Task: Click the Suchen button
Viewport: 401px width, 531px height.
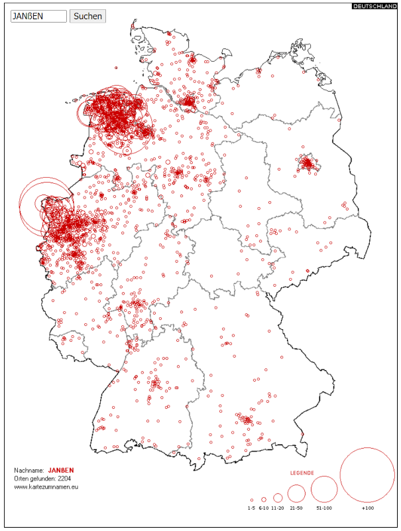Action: coord(87,16)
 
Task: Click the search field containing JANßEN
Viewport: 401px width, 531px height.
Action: coord(38,16)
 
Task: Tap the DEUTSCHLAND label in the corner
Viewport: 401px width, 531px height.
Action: coord(375,6)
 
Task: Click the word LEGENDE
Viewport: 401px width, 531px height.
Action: coord(302,473)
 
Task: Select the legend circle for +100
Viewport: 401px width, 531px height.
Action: coord(367,475)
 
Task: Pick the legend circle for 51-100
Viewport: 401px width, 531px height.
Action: coord(324,489)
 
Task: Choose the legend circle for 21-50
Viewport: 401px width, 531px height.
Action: coord(296,493)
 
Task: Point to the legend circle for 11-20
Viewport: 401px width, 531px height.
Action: coord(278,497)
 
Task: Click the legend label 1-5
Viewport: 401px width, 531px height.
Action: coord(251,508)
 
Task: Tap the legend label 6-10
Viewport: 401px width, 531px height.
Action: coord(264,508)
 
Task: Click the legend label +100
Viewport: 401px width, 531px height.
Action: coord(367,508)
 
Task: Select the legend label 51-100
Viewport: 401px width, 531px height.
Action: coord(324,508)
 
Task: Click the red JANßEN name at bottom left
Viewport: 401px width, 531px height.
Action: coord(61,470)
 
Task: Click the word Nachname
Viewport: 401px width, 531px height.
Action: coord(29,470)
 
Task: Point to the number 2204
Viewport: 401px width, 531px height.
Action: coord(64,478)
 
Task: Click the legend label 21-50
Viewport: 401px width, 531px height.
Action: coord(296,508)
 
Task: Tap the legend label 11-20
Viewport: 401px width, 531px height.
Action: coord(278,508)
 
